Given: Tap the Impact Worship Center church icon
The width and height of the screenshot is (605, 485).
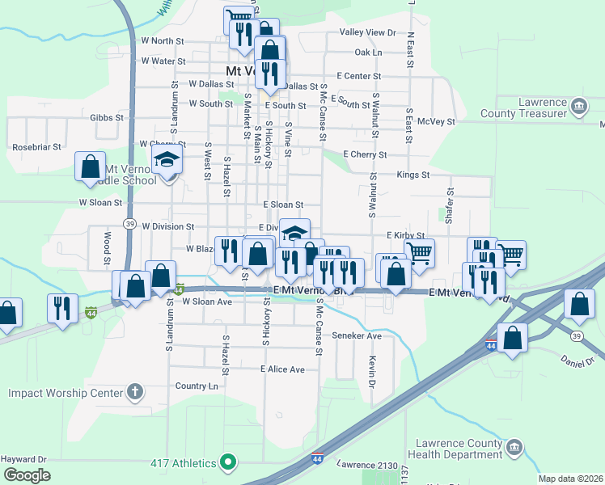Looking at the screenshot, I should pos(135,394).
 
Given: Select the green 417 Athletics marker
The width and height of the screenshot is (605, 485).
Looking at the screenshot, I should pos(229,463).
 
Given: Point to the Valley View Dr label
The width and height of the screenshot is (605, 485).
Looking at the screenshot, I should pos(367,33).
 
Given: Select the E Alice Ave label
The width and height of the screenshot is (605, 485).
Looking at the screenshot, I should pos(282,369).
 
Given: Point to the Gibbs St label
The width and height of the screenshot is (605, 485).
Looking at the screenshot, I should pos(107,117).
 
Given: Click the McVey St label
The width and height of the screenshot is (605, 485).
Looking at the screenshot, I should pos(437,122).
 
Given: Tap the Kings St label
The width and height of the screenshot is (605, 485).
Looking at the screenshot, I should pos(412,175).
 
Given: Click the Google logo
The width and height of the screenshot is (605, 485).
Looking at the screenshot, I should pos(27,475).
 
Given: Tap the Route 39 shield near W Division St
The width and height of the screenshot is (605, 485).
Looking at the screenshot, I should pos(129,223).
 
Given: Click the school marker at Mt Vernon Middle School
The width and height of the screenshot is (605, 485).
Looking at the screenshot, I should pos(167,160).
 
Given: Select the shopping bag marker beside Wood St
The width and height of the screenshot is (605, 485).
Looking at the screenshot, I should pos(90,166).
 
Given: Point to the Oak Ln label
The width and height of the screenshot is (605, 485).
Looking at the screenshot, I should pos(367,53).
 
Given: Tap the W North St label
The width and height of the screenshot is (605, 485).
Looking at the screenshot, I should pos(163,40).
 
